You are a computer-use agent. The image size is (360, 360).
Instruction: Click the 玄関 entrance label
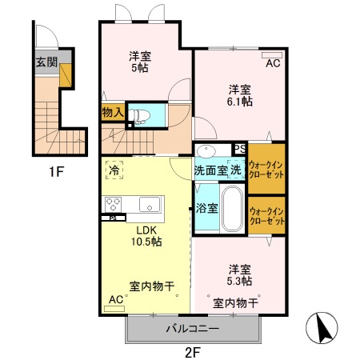point(45,61)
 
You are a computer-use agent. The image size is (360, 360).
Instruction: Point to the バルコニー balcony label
point(194,328)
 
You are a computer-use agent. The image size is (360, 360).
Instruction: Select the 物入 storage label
point(112,114)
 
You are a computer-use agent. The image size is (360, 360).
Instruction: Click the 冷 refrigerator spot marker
point(114,170)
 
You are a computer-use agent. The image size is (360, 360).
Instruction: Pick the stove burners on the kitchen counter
point(112,205)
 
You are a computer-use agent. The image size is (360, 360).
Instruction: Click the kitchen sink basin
point(150,205)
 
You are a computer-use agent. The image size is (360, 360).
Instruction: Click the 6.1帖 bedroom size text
point(238,102)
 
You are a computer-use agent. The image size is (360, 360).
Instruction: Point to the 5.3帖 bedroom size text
point(238,281)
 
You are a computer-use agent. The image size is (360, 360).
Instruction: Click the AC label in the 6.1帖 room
point(273,63)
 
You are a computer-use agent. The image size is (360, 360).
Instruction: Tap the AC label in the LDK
point(114,299)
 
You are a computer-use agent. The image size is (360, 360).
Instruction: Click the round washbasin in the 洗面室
point(206,150)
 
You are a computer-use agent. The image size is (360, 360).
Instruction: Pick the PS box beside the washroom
point(239,149)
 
